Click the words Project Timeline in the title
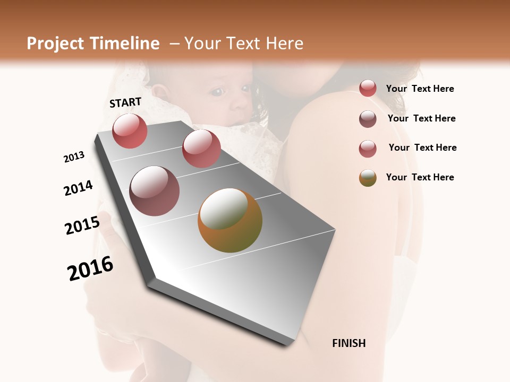click(93, 44)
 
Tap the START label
click(125, 102)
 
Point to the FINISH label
click(349, 343)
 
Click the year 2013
click(74, 157)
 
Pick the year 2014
click(79, 188)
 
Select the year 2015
click(82, 225)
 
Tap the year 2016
click(91, 268)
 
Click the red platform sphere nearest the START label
click(130, 131)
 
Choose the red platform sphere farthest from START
click(201, 148)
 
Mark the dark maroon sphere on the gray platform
click(155, 191)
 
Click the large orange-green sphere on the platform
click(230, 220)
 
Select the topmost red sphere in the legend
click(368, 89)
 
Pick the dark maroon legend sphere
click(368, 119)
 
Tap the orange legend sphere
click(368, 178)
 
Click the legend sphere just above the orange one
click(368, 149)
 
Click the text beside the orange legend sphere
click(420, 177)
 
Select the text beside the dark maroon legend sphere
click(422, 118)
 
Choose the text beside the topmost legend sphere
click(420, 89)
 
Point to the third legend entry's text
click(423, 147)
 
